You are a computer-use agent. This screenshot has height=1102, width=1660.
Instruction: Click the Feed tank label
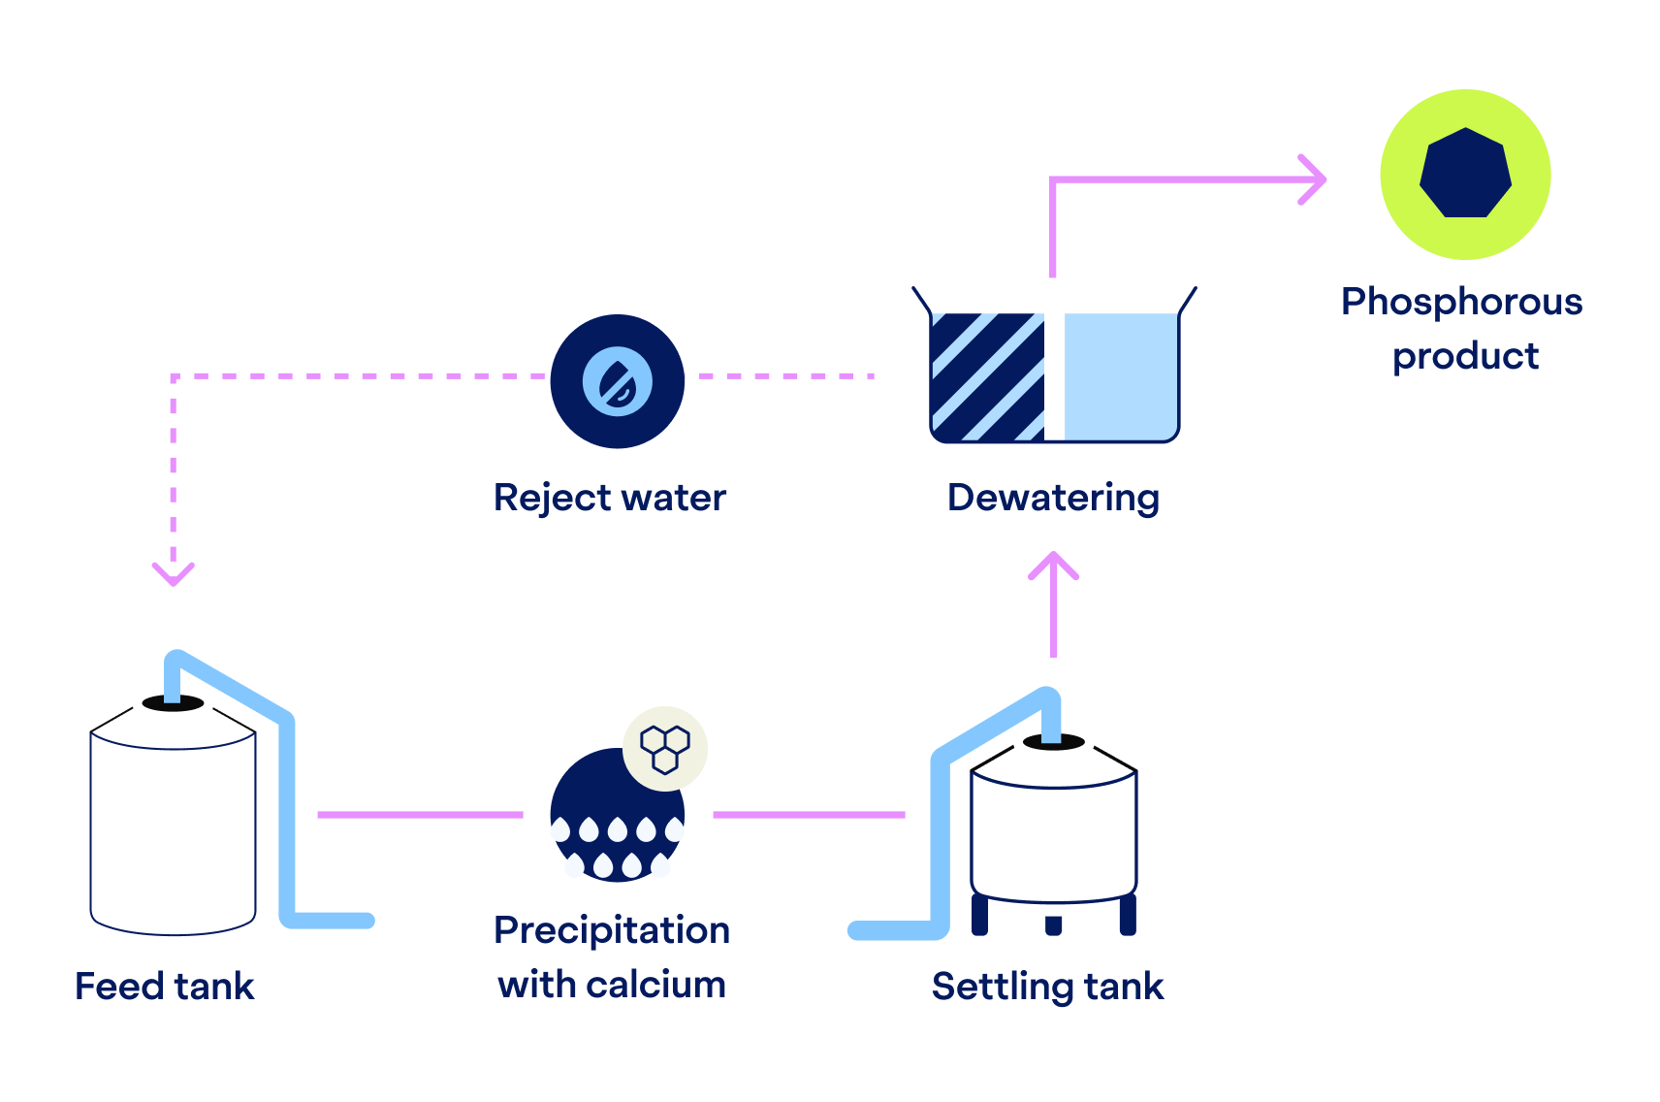pos(165,987)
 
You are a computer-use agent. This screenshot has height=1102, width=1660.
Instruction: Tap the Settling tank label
pos(1047,987)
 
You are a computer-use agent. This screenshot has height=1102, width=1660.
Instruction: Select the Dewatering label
pos(1053,498)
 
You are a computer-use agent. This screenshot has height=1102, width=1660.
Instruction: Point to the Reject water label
pos(610,498)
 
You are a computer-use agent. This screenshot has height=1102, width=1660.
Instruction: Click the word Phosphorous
pos(1461,302)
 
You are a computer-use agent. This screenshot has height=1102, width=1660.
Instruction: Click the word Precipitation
pos(612,930)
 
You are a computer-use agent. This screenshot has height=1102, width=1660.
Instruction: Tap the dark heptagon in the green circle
pos(1465,174)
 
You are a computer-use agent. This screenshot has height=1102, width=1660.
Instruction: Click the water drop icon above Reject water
pos(618,381)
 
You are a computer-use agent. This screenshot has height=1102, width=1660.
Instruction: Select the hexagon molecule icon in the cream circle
pos(665,749)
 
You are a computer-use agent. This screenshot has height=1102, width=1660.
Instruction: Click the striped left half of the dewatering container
pos(987,376)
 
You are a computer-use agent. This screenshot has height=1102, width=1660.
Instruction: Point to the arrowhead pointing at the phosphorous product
pos(1315,179)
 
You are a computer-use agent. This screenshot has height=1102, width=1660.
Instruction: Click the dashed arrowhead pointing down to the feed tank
pos(174,572)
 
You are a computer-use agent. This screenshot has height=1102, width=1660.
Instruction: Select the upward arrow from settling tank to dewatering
pos(1054,601)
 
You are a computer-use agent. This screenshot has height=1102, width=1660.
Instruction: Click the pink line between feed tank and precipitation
pos(419,815)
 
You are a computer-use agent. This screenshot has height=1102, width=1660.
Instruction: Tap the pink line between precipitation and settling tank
pos(809,815)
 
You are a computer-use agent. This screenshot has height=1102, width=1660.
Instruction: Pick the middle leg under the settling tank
pos(1054,924)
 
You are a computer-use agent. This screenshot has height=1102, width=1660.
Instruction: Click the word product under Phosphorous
pos(1465,356)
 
